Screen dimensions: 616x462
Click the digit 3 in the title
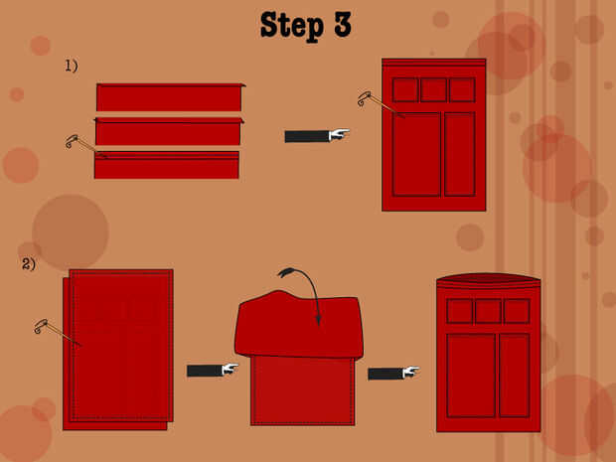point(343,25)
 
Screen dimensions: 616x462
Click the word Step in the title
point(292,26)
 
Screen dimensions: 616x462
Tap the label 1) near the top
point(72,66)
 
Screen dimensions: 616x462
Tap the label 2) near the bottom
point(28,263)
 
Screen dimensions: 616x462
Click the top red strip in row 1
point(170,97)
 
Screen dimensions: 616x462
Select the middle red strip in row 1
point(169,131)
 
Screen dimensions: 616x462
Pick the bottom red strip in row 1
point(167,165)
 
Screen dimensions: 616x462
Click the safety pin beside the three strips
point(85,146)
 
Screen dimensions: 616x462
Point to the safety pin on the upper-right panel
point(380,103)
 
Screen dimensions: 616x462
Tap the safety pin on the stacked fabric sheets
point(57,332)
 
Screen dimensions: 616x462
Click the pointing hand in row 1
point(317,136)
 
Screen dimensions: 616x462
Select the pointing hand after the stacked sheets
point(213,370)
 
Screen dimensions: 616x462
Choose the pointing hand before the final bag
point(393,373)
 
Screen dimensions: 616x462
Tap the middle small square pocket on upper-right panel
point(434,90)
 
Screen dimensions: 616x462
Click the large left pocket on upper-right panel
point(417,154)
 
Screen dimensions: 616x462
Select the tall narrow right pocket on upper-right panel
point(460,154)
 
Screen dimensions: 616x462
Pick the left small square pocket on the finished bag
point(460,311)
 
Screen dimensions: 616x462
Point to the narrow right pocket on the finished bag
point(515,376)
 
